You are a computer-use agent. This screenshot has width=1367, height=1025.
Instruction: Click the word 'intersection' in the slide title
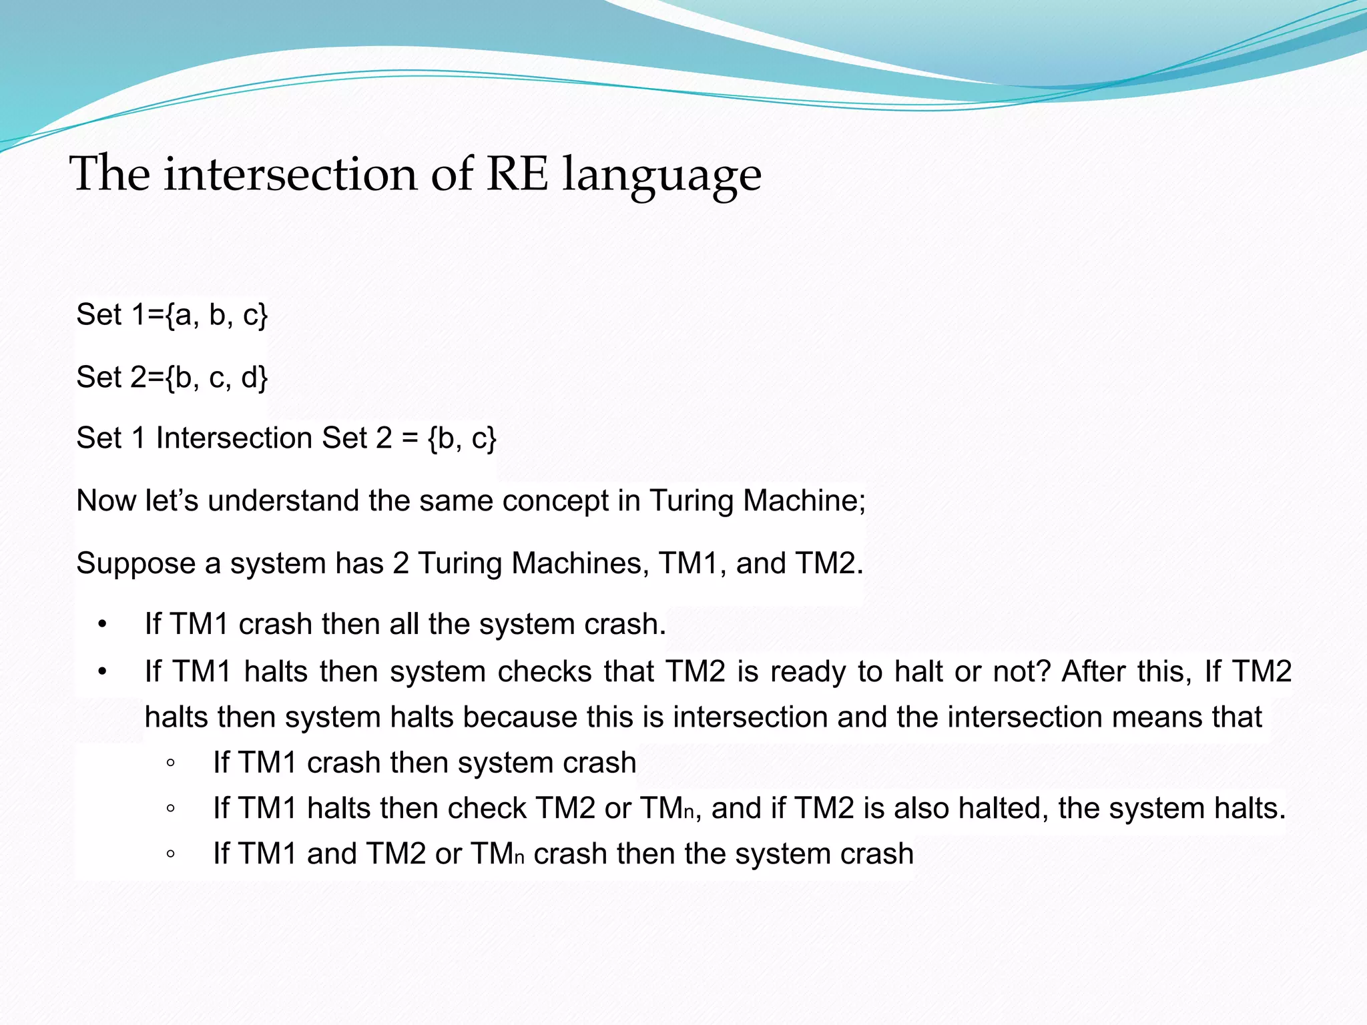pyautogui.click(x=290, y=174)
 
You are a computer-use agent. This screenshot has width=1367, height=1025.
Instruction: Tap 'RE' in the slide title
pyautogui.click(x=517, y=174)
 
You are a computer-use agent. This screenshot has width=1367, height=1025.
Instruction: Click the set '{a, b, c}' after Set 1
pyautogui.click(x=216, y=314)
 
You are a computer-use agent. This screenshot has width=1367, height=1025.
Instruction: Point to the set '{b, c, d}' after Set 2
pyautogui.click(x=216, y=377)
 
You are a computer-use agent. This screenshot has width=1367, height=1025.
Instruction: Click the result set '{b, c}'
pyautogui.click(x=462, y=438)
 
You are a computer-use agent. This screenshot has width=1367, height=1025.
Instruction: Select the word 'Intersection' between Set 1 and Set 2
pyautogui.click(x=234, y=438)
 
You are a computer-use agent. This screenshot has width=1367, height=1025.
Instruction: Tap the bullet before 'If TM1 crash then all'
pyautogui.click(x=101, y=625)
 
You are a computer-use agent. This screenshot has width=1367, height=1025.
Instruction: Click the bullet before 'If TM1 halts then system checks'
pyautogui.click(x=101, y=672)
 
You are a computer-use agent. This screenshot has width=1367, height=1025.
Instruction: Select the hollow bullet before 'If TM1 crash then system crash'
pyautogui.click(x=171, y=763)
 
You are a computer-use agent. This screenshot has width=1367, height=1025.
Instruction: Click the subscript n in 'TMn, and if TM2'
pyautogui.click(x=689, y=813)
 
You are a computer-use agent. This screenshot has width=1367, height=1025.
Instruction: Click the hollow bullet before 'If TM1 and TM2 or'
pyautogui.click(x=171, y=854)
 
